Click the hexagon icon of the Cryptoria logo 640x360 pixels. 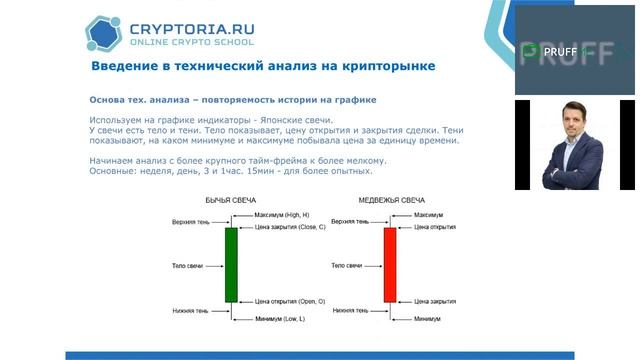(x=103, y=33)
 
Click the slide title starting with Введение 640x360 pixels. (x=263, y=66)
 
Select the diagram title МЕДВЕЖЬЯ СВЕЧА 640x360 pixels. (x=389, y=200)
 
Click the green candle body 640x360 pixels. (x=231, y=264)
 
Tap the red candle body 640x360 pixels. (x=389, y=264)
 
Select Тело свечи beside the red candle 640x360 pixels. (x=348, y=265)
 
